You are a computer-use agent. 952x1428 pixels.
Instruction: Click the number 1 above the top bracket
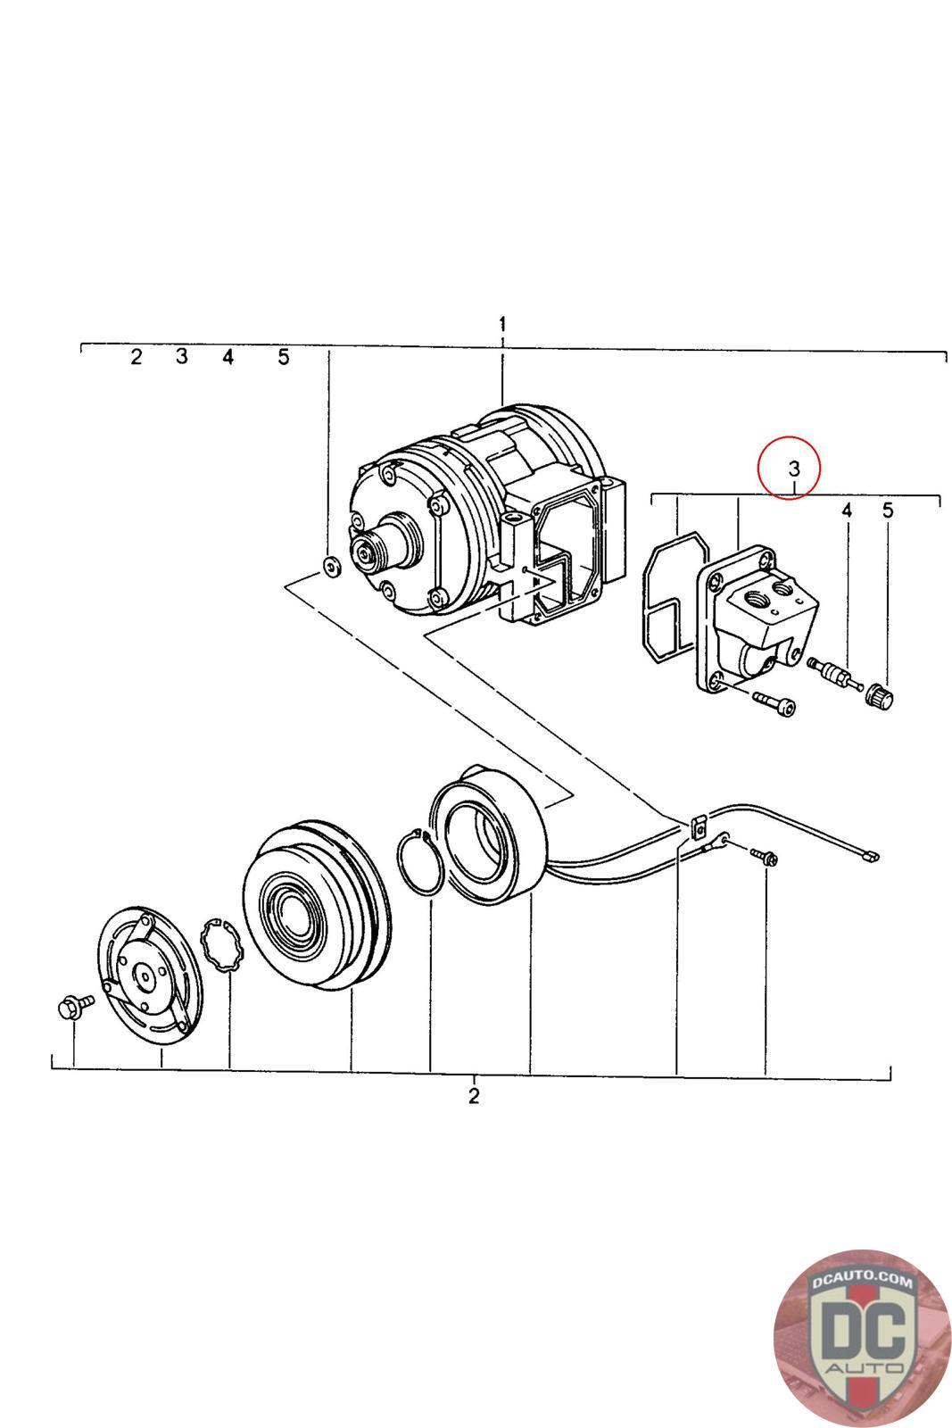coord(502,323)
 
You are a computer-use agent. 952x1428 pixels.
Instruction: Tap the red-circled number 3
coord(794,466)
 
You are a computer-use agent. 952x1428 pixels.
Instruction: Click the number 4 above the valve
coord(847,511)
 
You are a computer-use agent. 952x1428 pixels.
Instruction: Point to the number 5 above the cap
coord(888,511)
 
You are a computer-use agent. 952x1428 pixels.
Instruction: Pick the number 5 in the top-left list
coord(283,358)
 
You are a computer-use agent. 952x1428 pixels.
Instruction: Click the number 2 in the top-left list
coord(136,358)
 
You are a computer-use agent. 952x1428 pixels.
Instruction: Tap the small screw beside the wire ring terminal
coord(766,856)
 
